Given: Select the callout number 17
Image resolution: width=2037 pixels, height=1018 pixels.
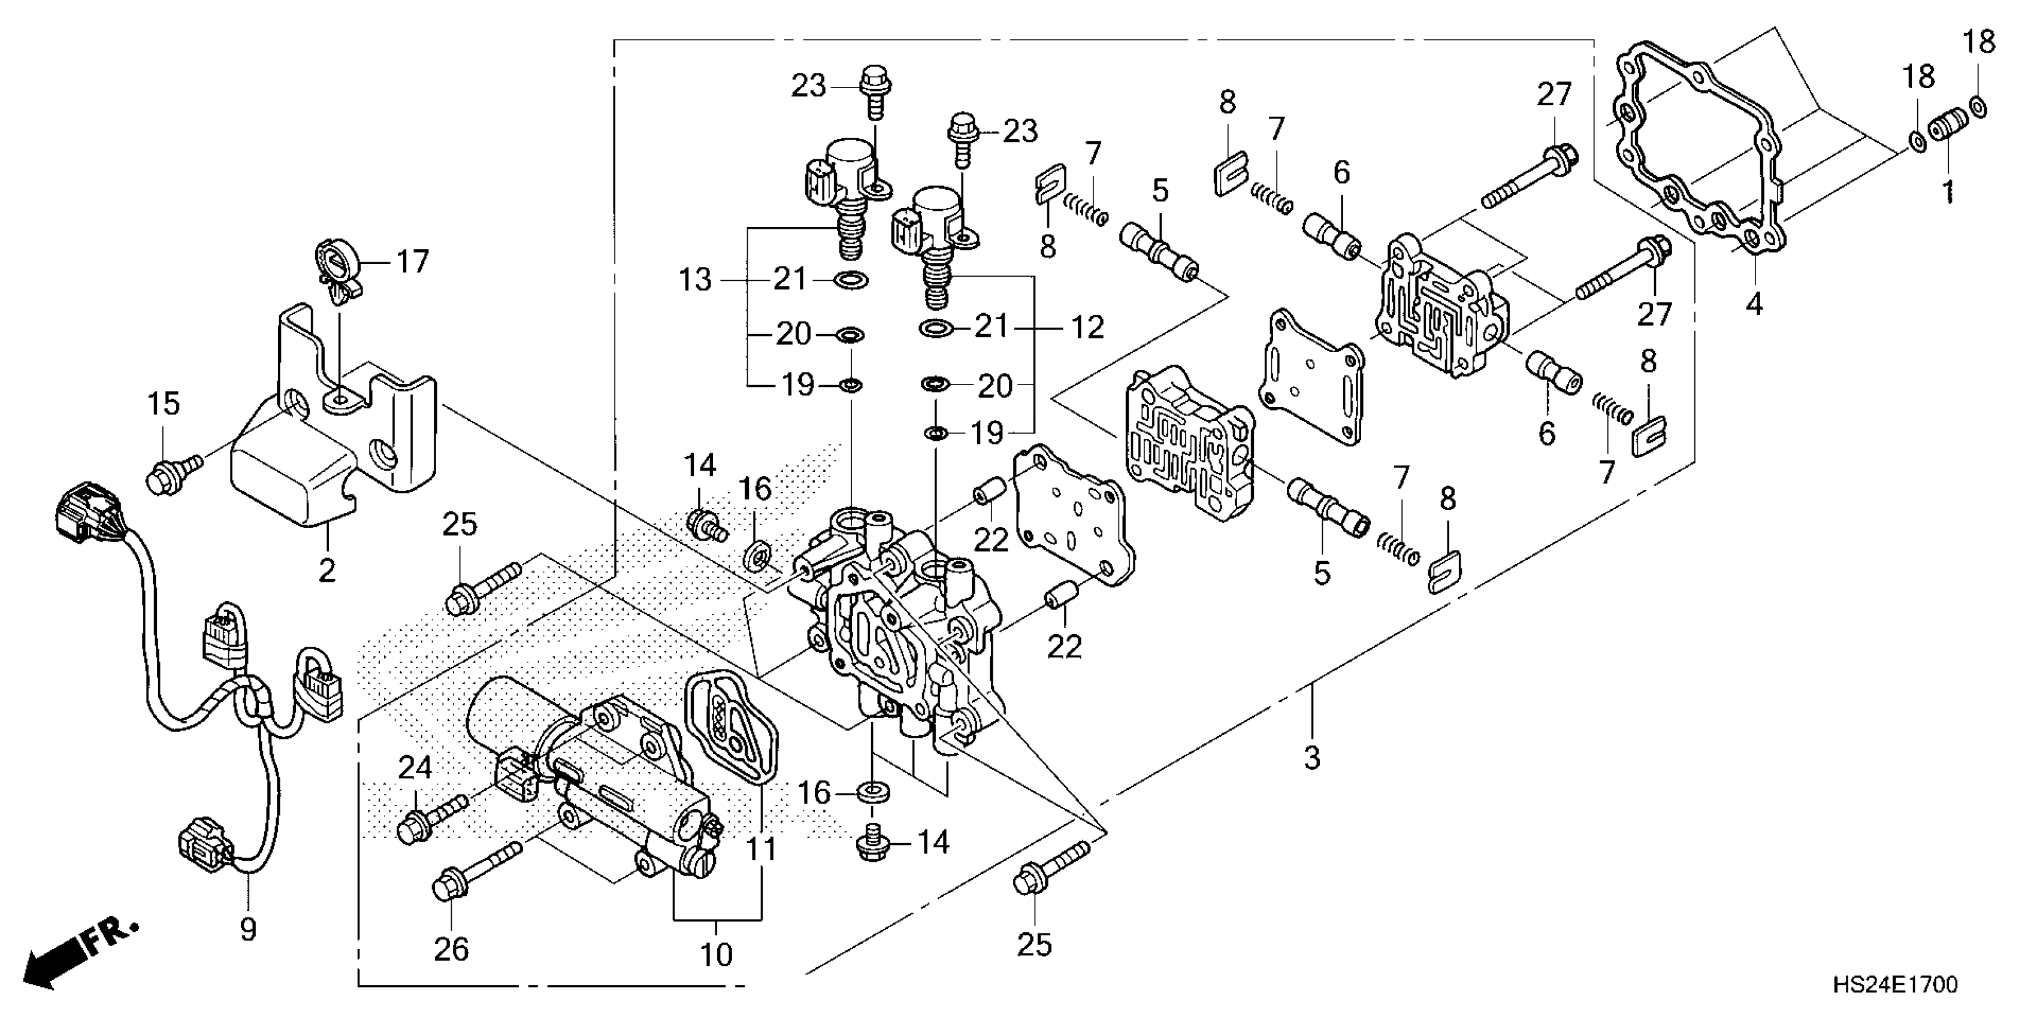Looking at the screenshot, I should [x=412, y=261].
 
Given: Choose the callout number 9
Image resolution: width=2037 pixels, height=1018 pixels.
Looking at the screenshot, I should [x=247, y=929].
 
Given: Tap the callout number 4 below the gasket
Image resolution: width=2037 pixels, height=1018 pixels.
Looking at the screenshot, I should [x=1754, y=303].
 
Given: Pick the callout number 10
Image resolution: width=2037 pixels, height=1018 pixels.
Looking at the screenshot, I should [x=717, y=955].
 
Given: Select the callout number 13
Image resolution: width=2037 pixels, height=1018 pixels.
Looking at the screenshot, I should [x=695, y=279].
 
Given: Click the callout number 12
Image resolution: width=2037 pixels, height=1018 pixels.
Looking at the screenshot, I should [x=1087, y=327].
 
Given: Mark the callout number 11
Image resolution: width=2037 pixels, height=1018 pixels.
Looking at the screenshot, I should [x=762, y=850].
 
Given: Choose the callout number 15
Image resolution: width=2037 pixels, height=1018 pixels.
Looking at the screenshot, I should [x=164, y=404].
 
